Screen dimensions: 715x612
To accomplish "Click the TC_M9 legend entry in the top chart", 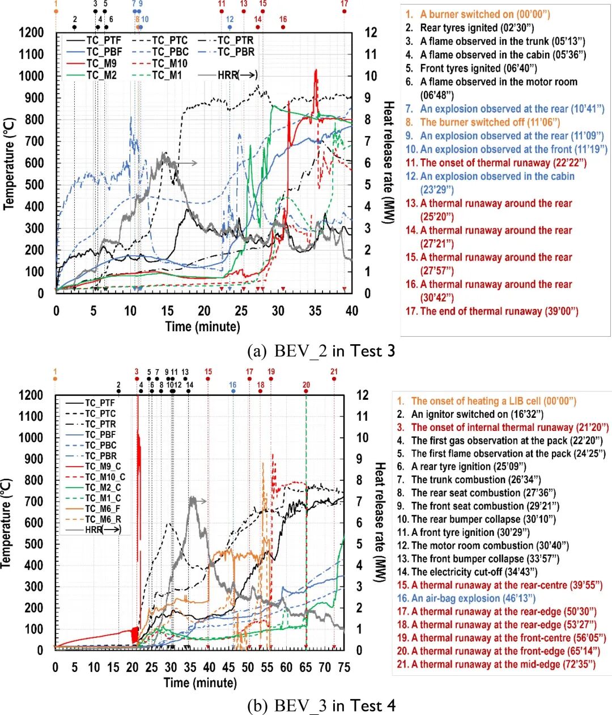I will coord(101,64).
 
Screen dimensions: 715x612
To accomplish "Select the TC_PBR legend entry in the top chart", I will coord(236,52).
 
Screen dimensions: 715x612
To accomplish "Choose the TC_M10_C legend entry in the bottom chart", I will coord(105,477).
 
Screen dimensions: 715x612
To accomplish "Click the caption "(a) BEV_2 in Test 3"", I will coord(321,351).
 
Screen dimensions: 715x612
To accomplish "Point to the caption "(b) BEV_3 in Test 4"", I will coord(321,705).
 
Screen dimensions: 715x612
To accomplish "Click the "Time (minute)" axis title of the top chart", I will coord(202,327).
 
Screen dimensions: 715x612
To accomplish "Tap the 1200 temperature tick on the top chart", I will coord(31,32).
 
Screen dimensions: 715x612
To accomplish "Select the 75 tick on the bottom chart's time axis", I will coord(343,667).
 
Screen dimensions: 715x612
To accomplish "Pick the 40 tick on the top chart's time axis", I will coord(352,311).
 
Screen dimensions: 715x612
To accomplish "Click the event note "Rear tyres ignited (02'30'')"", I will coord(477,28).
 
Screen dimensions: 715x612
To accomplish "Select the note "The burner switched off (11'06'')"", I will coord(490,122).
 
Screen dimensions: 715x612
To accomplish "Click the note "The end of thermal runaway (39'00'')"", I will coord(499,311).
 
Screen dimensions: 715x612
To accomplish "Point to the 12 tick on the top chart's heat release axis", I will coord(371,32).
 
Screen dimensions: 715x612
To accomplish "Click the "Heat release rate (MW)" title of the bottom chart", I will coord(379,522).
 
